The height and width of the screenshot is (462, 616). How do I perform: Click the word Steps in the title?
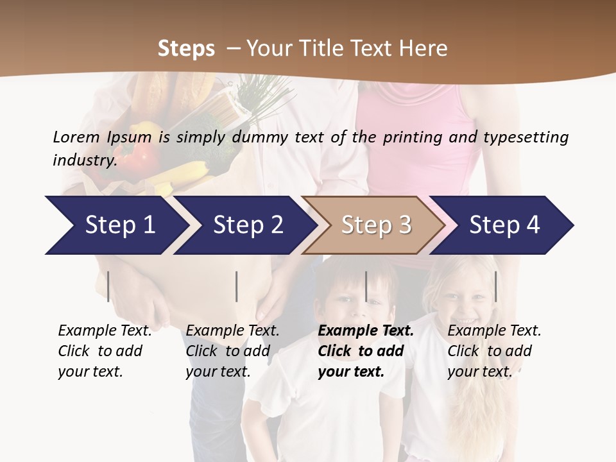click(x=186, y=49)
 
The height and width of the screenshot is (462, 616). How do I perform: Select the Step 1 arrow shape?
click(x=116, y=225)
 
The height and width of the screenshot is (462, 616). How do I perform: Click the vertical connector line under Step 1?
click(x=108, y=286)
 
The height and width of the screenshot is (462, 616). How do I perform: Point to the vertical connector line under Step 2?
click(x=237, y=286)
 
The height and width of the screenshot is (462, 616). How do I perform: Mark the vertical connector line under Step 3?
click(x=366, y=286)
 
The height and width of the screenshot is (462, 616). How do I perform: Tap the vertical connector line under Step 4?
click(x=495, y=286)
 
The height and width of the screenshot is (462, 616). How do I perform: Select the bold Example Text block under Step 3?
click(x=366, y=351)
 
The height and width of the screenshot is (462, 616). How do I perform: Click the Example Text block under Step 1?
click(x=105, y=351)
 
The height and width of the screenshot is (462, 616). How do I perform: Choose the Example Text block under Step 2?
click(x=232, y=351)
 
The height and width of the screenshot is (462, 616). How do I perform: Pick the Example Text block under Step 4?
click(x=494, y=351)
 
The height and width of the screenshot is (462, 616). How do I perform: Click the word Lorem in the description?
click(x=76, y=137)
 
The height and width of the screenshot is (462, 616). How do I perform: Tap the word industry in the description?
click(x=85, y=160)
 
